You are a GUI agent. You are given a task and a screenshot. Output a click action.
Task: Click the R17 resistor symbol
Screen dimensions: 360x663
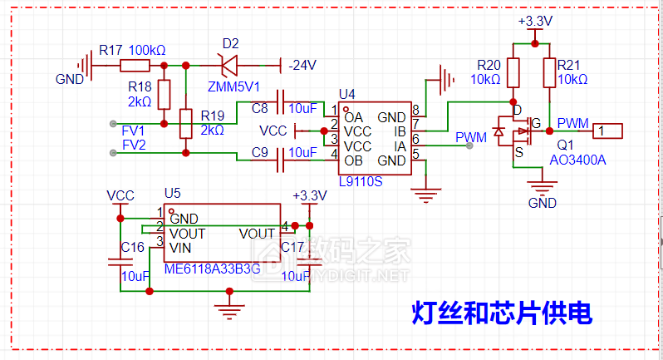(x=135, y=67)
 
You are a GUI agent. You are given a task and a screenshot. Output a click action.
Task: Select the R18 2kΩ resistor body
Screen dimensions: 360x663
(x=164, y=92)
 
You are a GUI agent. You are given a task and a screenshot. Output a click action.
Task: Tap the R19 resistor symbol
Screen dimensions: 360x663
(x=184, y=124)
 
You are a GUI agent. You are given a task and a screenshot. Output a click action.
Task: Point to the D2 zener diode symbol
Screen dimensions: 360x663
(x=226, y=65)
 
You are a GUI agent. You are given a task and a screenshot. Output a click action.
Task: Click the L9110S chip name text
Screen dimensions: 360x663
(x=361, y=181)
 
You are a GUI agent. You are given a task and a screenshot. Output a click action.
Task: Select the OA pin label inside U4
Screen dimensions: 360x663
(x=353, y=116)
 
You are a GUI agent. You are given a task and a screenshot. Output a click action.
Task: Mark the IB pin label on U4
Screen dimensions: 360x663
(x=400, y=131)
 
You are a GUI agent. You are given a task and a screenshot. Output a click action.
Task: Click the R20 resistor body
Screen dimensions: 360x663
(x=513, y=73)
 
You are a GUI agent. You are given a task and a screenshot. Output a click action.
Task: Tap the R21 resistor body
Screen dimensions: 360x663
(x=549, y=73)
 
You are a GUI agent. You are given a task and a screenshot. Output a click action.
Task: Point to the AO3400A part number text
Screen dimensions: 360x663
(x=578, y=160)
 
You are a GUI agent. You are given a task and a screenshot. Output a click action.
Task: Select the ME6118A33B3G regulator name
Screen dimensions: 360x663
(x=213, y=269)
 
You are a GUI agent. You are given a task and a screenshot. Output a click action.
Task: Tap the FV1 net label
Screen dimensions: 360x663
(x=133, y=131)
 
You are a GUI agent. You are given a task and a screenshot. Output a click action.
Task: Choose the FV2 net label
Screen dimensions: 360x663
(x=133, y=145)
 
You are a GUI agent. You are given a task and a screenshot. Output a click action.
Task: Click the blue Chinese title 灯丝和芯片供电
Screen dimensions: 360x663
(x=502, y=313)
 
